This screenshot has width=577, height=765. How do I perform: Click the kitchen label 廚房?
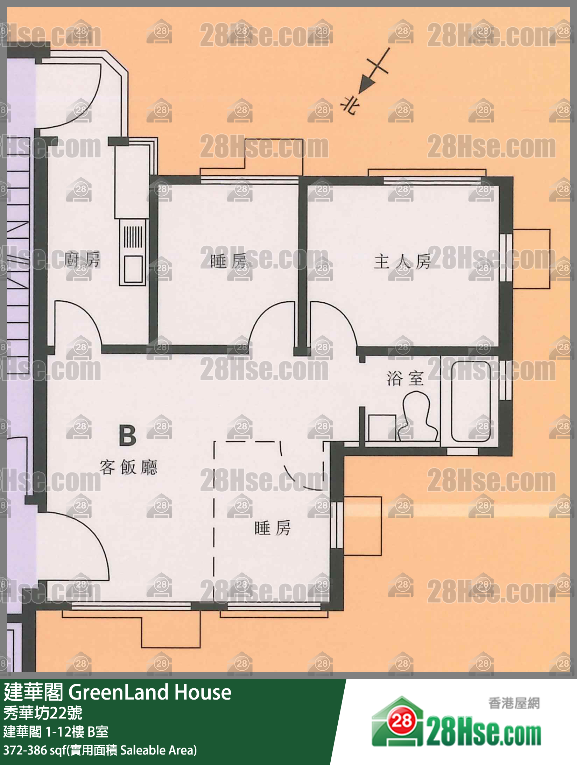tap(83, 260)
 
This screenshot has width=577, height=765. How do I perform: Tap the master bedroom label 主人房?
tap(402, 262)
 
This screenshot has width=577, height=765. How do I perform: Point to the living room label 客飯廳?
tap(128, 468)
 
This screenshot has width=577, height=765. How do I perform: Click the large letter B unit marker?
tap(127, 435)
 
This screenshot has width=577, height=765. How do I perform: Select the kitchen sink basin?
tap(133, 269)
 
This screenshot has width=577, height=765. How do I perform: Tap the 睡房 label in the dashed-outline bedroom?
tap(272, 528)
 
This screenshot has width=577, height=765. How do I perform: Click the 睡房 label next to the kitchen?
tap(228, 261)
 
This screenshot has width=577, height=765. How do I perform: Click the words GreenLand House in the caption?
tap(150, 693)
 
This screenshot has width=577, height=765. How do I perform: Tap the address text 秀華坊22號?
tap(43, 713)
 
